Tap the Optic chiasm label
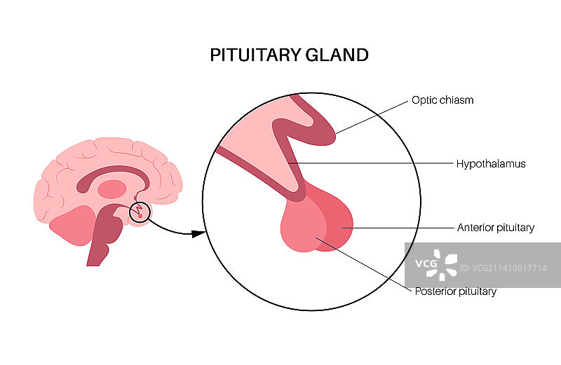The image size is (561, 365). (442, 100)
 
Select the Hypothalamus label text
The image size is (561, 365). (490, 164)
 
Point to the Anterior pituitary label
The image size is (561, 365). (495, 228)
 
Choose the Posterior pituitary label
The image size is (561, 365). (455, 291)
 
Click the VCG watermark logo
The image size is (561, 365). (435, 264)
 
